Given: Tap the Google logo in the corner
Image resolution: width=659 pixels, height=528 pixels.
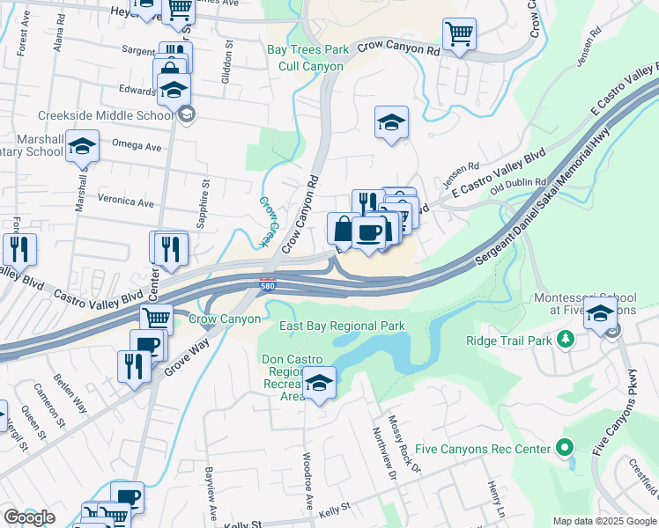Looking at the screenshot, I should (29, 517).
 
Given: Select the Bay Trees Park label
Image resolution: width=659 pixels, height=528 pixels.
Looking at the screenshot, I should (302, 50).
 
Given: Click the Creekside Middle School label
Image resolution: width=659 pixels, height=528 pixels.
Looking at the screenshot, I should (106, 115).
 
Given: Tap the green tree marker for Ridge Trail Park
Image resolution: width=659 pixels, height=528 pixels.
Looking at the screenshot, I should (565, 338).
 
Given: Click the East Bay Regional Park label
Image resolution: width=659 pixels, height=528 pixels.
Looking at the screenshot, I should (342, 326).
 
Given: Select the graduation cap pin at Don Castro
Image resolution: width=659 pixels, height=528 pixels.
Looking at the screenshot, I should (319, 384).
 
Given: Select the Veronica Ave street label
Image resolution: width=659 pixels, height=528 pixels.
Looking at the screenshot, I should (125, 202).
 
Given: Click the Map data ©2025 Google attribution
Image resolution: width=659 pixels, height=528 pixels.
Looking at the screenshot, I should (603, 521).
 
